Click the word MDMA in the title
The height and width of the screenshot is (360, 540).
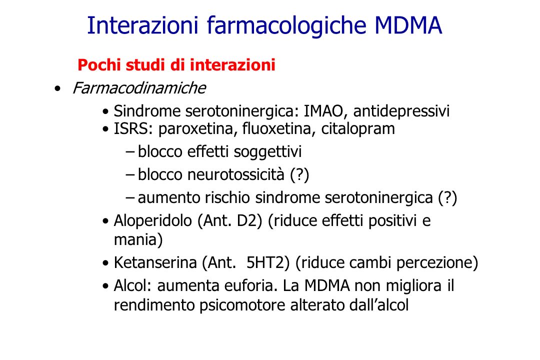point(408,25)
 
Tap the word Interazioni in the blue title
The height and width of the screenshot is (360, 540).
point(142,25)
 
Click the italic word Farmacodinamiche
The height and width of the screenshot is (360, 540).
point(139,88)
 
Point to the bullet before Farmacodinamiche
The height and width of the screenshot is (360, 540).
point(57,89)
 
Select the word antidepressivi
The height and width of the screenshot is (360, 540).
point(401,111)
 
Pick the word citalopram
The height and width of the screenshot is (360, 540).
point(358,129)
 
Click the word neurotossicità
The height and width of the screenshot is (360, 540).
point(236,174)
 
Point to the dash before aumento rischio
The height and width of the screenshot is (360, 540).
point(130,197)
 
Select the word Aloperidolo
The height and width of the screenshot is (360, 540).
point(152,221)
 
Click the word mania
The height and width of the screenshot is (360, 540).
point(135,240)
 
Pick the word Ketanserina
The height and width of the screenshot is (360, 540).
point(155,262)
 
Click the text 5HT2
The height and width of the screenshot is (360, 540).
point(267,262)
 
